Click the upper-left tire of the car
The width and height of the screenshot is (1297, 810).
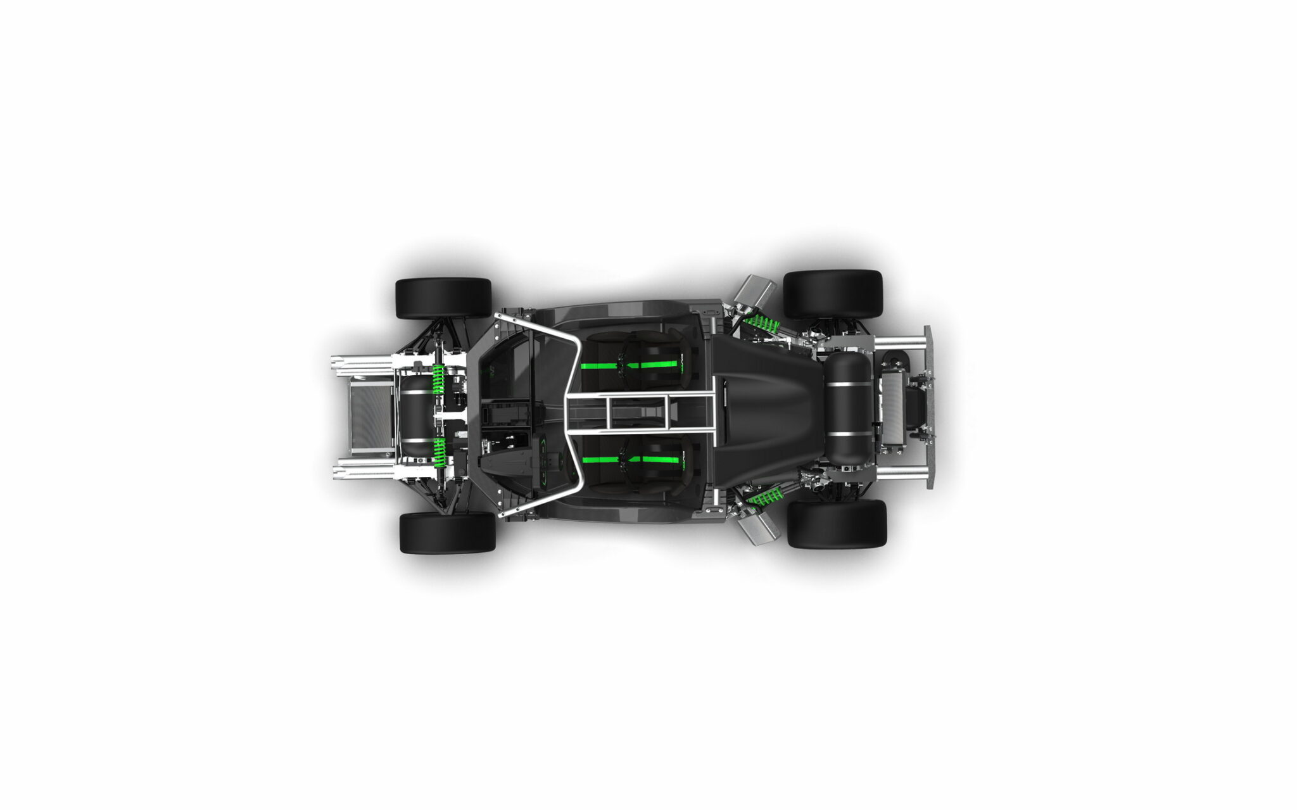[x=443, y=298]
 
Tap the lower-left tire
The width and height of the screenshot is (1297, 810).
[x=447, y=532]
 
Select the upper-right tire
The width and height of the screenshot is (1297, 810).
[x=833, y=294]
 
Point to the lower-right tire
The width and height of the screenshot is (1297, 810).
[x=836, y=523]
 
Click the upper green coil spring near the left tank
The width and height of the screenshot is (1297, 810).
[x=438, y=379]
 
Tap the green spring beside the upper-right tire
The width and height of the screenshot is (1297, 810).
[x=762, y=324]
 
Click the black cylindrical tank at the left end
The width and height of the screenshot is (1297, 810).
[x=415, y=415]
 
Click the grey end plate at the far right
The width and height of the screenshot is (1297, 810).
[x=929, y=407]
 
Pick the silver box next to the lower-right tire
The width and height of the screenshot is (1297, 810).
[x=759, y=527]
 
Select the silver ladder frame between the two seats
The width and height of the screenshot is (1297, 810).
[x=640, y=412]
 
